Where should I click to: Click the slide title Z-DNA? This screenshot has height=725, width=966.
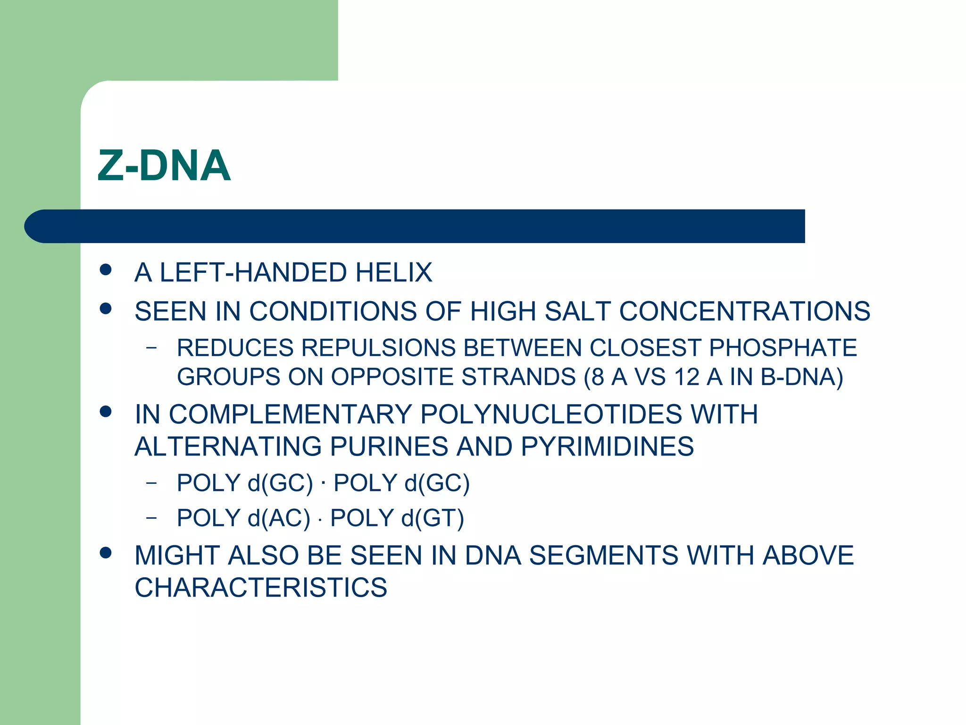click(x=164, y=166)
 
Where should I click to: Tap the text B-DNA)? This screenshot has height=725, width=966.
click(x=801, y=377)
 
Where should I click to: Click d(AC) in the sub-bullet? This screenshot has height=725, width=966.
click(x=279, y=518)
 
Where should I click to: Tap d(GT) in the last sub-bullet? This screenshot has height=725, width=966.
click(x=433, y=518)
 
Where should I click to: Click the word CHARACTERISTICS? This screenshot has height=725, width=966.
click(x=261, y=588)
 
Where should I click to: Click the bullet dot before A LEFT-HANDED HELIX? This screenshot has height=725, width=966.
click(x=106, y=270)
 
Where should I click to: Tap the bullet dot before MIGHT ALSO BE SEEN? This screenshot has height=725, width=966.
click(x=106, y=552)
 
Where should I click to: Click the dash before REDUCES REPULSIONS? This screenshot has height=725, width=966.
click(x=151, y=348)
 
